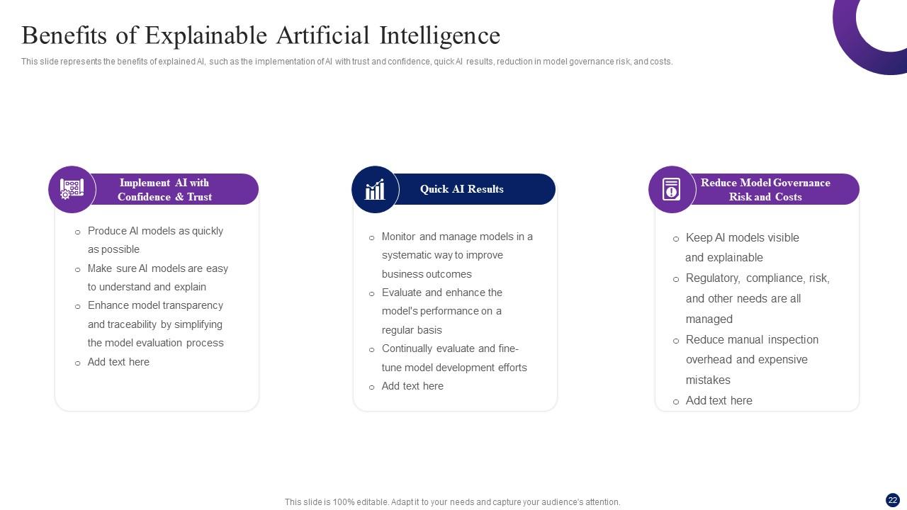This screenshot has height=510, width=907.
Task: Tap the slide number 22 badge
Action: click(x=892, y=499)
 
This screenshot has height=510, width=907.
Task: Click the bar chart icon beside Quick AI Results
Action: click(x=375, y=190)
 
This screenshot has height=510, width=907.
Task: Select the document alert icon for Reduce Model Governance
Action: click(x=671, y=190)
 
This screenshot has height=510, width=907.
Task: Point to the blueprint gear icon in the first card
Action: click(x=72, y=189)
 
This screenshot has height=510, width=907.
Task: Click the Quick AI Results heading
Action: click(x=461, y=189)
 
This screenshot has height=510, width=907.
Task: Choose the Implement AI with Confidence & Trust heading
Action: click(x=164, y=190)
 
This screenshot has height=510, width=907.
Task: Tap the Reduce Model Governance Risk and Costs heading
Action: click(x=765, y=190)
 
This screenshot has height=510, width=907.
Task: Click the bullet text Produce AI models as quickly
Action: click(x=155, y=231)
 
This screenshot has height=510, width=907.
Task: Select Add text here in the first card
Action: click(x=118, y=362)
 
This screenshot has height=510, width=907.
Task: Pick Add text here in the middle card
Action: click(x=412, y=386)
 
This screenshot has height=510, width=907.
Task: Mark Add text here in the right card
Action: click(x=719, y=401)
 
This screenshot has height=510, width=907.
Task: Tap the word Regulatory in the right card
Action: click(x=713, y=278)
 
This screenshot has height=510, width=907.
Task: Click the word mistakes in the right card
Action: click(x=708, y=380)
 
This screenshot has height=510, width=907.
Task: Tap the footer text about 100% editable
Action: click(x=452, y=502)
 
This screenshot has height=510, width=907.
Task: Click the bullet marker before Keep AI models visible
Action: click(x=675, y=239)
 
